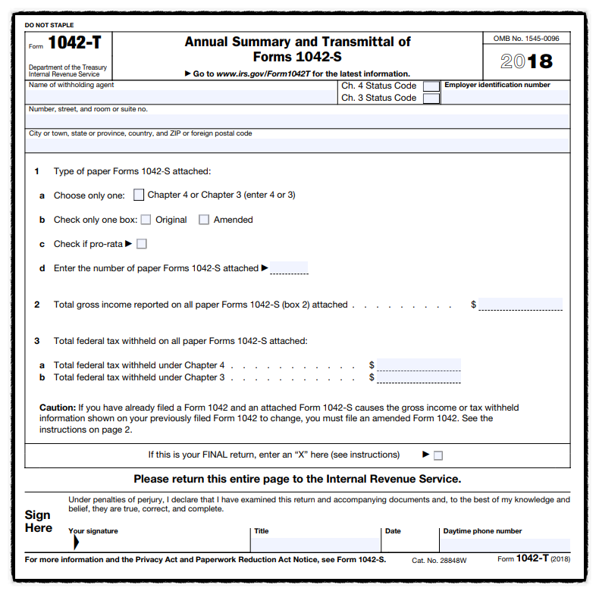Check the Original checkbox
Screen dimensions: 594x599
(x=146, y=220)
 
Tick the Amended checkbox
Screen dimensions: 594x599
(x=204, y=220)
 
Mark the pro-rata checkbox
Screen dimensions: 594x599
(x=142, y=244)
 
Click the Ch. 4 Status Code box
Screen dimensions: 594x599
(x=431, y=86)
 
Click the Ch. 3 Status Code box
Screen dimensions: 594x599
(x=431, y=98)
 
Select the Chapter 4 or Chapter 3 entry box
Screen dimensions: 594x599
(x=139, y=195)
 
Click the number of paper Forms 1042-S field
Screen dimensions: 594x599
(x=289, y=268)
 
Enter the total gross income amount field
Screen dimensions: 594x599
(x=520, y=305)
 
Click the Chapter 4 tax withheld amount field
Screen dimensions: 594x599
(x=419, y=364)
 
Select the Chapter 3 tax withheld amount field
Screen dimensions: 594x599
(x=419, y=377)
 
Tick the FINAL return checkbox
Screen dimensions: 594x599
(x=438, y=455)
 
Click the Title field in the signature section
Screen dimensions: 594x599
(x=315, y=543)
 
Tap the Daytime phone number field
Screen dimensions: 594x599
(x=505, y=543)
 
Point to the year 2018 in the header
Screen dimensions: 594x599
(x=527, y=61)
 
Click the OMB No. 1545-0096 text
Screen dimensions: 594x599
(x=526, y=39)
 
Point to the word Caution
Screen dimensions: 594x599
(x=57, y=408)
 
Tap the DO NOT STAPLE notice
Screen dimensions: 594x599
(x=49, y=25)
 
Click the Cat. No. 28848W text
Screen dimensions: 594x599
(x=439, y=560)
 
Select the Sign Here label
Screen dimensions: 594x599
(x=38, y=521)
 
